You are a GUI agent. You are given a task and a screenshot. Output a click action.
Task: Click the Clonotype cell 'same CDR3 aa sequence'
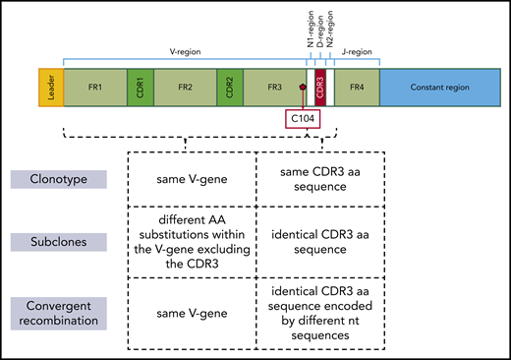click(x=319, y=180)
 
